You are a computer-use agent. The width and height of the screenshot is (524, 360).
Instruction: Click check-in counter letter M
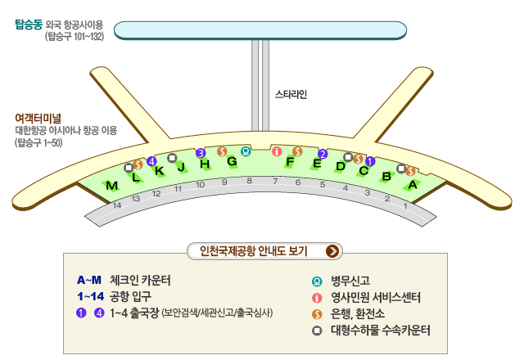coord(112,187)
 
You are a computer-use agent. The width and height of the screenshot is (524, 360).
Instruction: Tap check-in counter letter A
coord(413,186)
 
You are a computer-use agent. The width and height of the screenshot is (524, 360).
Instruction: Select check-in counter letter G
coord(232,161)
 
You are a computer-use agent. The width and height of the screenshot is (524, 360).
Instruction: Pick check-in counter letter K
coord(160,171)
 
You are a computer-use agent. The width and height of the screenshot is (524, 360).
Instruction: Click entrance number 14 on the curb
coord(117,205)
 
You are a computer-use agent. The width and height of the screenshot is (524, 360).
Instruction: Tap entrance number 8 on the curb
coord(250,181)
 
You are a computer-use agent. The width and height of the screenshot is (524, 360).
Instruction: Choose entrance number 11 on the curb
coord(178,189)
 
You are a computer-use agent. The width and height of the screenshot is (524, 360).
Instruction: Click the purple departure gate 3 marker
coord(201,152)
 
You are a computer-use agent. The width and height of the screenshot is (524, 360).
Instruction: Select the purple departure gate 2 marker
coord(323,154)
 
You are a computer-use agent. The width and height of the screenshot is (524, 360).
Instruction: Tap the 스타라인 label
coord(291,94)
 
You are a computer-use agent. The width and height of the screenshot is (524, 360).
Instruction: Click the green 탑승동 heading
coord(29,25)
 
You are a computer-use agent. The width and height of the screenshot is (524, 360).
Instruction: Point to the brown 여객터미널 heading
coord(38,118)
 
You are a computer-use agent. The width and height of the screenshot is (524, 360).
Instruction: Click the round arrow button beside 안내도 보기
coord(333,251)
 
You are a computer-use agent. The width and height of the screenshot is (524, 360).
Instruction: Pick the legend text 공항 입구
coord(130,295)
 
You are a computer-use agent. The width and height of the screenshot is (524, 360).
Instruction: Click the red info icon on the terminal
coord(277,151)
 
